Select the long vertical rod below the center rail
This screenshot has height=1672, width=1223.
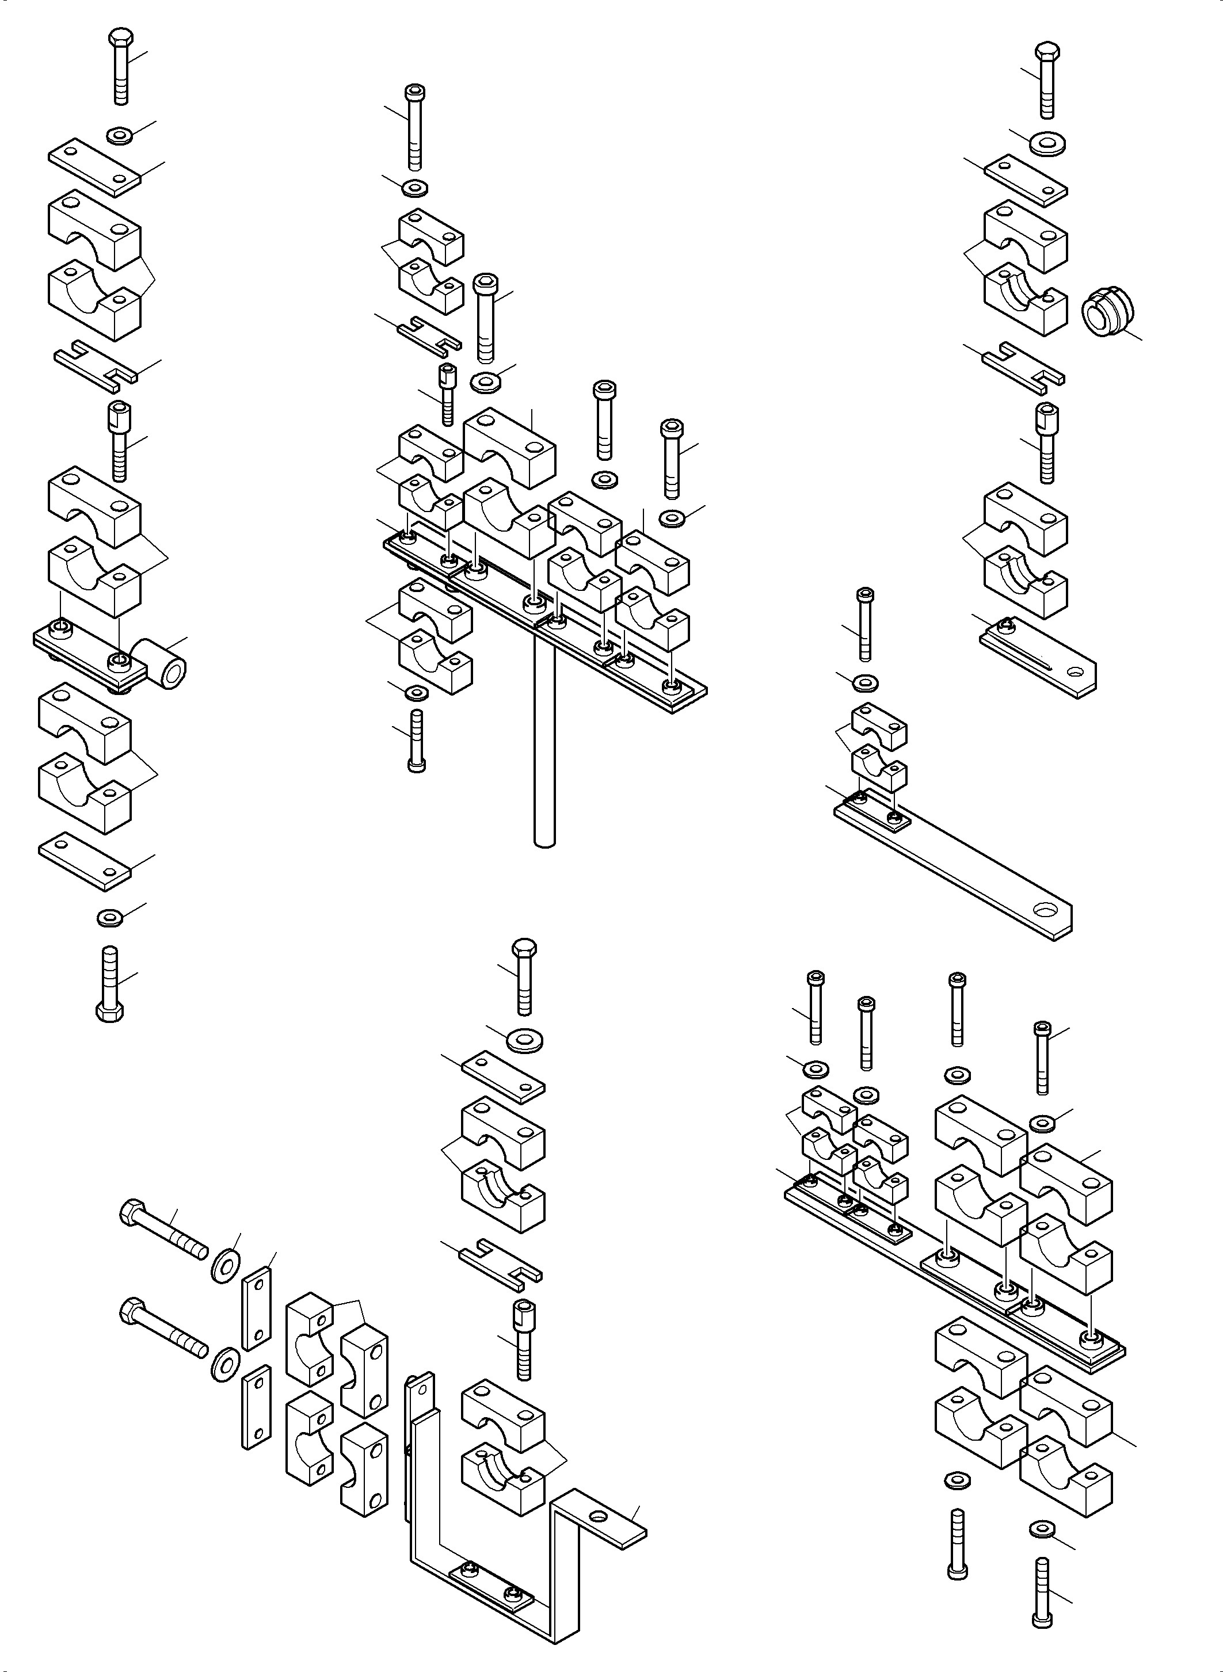tap(544, 740)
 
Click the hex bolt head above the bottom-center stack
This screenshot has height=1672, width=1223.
tap(523, 949)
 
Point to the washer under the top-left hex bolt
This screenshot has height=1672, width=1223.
tap(119, 135)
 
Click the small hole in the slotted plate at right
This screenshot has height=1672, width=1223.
tap(1076, 672)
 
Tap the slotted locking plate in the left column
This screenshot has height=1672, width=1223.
tap(96, 365)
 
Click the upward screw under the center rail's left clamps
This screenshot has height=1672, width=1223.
tap(416, 740)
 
